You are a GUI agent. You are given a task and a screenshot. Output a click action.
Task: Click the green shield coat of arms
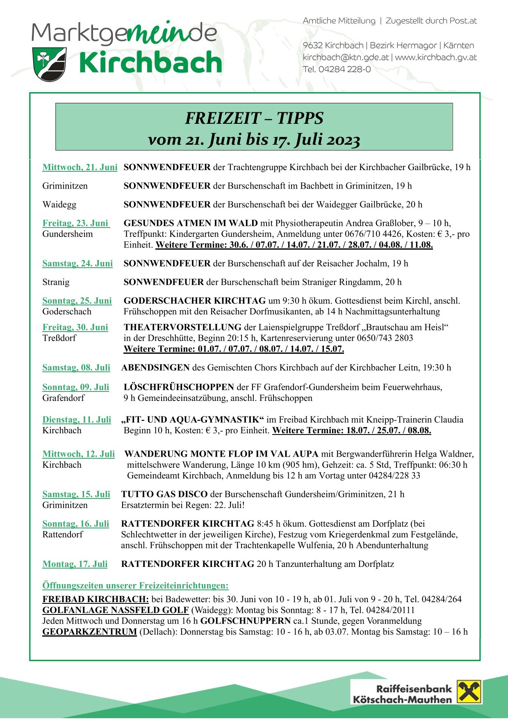49,64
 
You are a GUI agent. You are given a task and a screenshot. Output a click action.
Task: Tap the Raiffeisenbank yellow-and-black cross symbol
469,692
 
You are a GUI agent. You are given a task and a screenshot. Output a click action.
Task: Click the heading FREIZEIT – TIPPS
254,118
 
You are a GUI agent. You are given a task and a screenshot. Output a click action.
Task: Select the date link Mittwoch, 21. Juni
80,167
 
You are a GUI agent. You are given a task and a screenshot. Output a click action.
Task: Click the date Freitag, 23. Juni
76,223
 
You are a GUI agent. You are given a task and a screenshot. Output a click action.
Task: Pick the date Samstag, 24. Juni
77,264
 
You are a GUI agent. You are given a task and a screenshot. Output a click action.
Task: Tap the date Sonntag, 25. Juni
77,301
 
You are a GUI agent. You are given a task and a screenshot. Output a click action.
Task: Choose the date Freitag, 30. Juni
75,328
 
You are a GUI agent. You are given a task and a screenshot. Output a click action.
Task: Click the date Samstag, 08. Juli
76,368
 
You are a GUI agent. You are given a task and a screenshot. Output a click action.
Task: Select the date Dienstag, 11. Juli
77,420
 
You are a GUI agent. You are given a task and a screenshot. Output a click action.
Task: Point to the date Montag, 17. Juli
75,564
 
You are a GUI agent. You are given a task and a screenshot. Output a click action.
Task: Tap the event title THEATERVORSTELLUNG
182,328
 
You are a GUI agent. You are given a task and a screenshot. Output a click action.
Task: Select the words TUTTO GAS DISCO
164,494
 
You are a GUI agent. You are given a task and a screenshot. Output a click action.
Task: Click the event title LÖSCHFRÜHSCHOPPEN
179,387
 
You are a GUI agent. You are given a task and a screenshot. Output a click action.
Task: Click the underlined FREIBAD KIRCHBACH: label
96,599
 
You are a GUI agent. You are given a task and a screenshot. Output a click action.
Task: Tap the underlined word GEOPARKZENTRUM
89,632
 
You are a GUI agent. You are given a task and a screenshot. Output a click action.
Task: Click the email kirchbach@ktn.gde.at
346,57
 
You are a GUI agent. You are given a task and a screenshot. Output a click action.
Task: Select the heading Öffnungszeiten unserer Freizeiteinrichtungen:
135,586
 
